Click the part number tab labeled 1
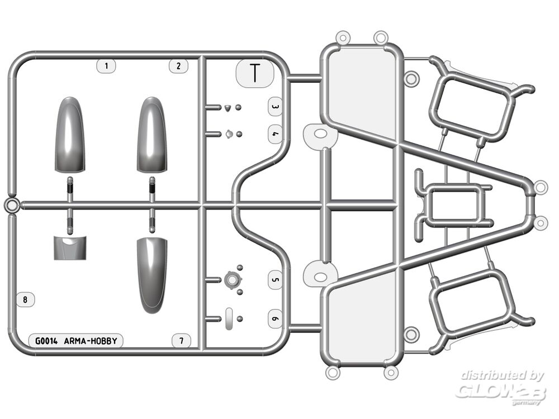[106, 66]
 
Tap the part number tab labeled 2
[179, 66]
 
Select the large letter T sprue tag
[255, 73]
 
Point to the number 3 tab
[275, 107]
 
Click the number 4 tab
[275, 134]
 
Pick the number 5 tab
[275, 280]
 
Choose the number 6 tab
[275, 318]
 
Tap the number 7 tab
[182, 341]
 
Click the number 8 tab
[25, 299]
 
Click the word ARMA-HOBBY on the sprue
[91, 341]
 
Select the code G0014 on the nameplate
[46, 341]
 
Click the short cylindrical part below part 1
[70, 247]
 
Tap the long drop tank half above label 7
[152, 275]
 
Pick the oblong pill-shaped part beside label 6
[229, 318]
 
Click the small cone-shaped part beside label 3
[228, 108]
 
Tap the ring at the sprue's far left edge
[12, 206]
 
